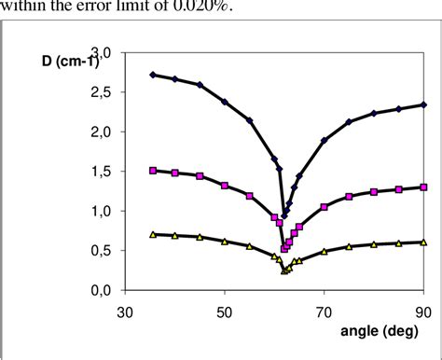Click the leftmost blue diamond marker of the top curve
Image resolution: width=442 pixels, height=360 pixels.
(153, 75)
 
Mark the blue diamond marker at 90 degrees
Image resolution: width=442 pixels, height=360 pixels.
(423, 104)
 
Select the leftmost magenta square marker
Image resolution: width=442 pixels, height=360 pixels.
(153, 171)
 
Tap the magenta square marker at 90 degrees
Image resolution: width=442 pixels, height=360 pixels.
(423, 187)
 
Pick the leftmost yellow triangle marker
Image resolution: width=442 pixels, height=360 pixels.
(153, 234)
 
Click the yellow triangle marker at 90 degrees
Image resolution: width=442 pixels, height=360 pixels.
(423, 242)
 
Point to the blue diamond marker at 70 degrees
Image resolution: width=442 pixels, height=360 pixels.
(325, 140)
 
